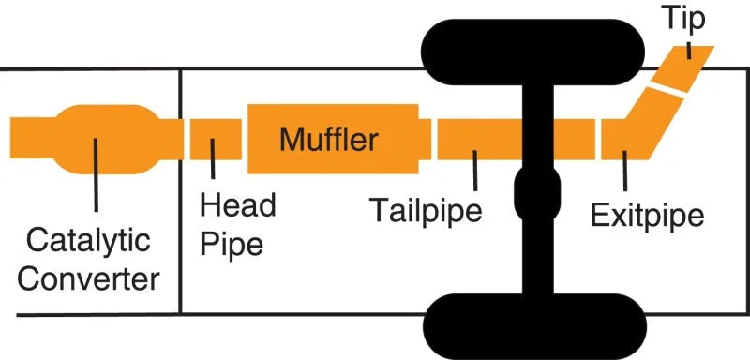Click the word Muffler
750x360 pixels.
pos(328,141)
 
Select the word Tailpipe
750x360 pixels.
pos(426,208)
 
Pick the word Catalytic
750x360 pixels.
pos(88,241)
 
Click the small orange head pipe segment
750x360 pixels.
pos(216,139)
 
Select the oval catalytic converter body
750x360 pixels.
pos(94,139)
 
